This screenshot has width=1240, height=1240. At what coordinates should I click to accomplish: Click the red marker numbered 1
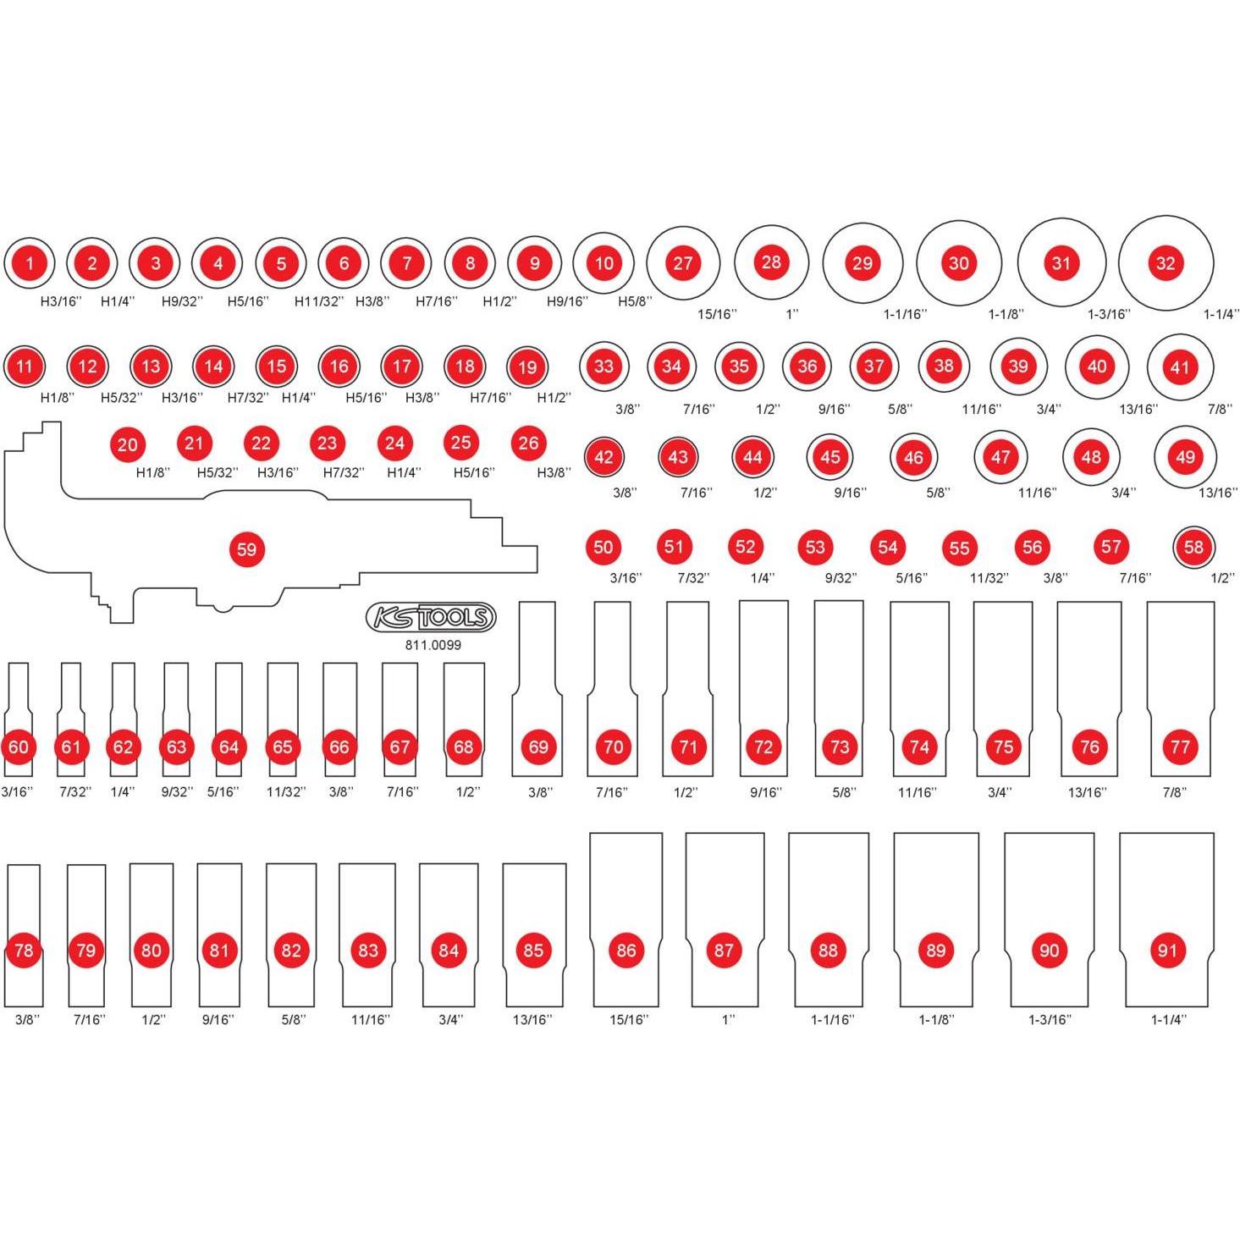(x=30, y=263)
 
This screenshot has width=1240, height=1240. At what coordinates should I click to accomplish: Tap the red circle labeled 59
(x=246, y=549)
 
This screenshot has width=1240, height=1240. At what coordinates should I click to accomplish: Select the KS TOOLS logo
(x=431, y=618)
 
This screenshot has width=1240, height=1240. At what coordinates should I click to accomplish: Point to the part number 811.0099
(x=433, y=645)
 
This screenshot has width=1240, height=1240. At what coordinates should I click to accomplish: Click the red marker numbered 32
(x=1166, y=263)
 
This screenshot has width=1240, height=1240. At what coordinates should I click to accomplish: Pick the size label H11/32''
(x=319, y=300)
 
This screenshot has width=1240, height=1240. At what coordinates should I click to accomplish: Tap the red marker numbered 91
(x=1167, y=951)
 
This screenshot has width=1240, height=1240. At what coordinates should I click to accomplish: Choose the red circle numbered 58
(x=1193, y=547)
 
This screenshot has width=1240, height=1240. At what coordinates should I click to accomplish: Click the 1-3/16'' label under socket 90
(x=1049, y=1019)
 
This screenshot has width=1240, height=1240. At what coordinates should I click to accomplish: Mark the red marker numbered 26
(x=528, y=443)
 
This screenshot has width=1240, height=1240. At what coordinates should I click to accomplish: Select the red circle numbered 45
(x=830, y=457)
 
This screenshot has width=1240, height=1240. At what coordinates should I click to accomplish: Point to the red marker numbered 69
(x=538, y=747)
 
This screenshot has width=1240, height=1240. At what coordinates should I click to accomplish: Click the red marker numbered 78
(x=24, y=951)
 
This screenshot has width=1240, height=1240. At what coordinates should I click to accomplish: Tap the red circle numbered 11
(x=24, y=366)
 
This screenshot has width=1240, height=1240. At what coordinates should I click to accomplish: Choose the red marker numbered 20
(x=128, y=444)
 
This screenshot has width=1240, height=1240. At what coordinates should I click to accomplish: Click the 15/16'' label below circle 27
(x=717, y=314)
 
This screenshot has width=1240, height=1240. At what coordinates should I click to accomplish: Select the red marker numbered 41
(x=1180, y=367)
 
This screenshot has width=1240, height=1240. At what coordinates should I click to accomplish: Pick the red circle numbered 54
(x=887, y=547)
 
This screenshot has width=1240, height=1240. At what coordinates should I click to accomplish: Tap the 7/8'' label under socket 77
(x=1174, y=792)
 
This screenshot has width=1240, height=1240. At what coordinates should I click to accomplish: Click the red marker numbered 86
(x=626, y=951)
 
